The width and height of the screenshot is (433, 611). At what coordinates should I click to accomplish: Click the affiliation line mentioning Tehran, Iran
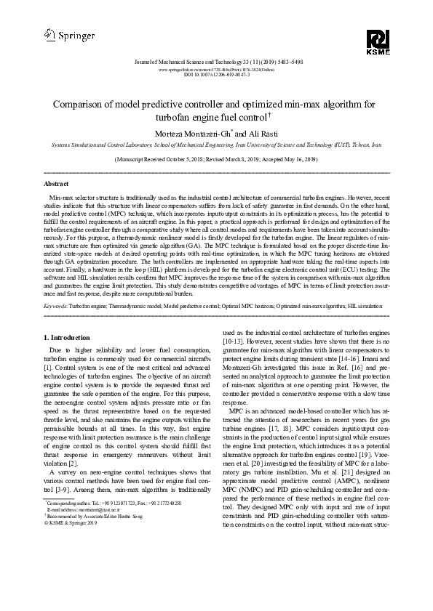(x=217, y=145)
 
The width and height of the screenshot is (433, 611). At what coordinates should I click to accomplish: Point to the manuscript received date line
(x=217, y=158)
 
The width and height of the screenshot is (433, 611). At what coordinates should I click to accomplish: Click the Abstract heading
(x=57, y=184)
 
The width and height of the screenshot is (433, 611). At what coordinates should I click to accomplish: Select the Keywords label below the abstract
(x=60, y=308)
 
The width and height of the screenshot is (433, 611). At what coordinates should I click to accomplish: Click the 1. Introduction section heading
(x=68, y=338)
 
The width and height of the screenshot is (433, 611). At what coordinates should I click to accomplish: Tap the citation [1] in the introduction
(x=49, y=368)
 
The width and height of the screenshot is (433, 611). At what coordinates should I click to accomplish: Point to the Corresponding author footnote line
(x=113, y=565)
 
